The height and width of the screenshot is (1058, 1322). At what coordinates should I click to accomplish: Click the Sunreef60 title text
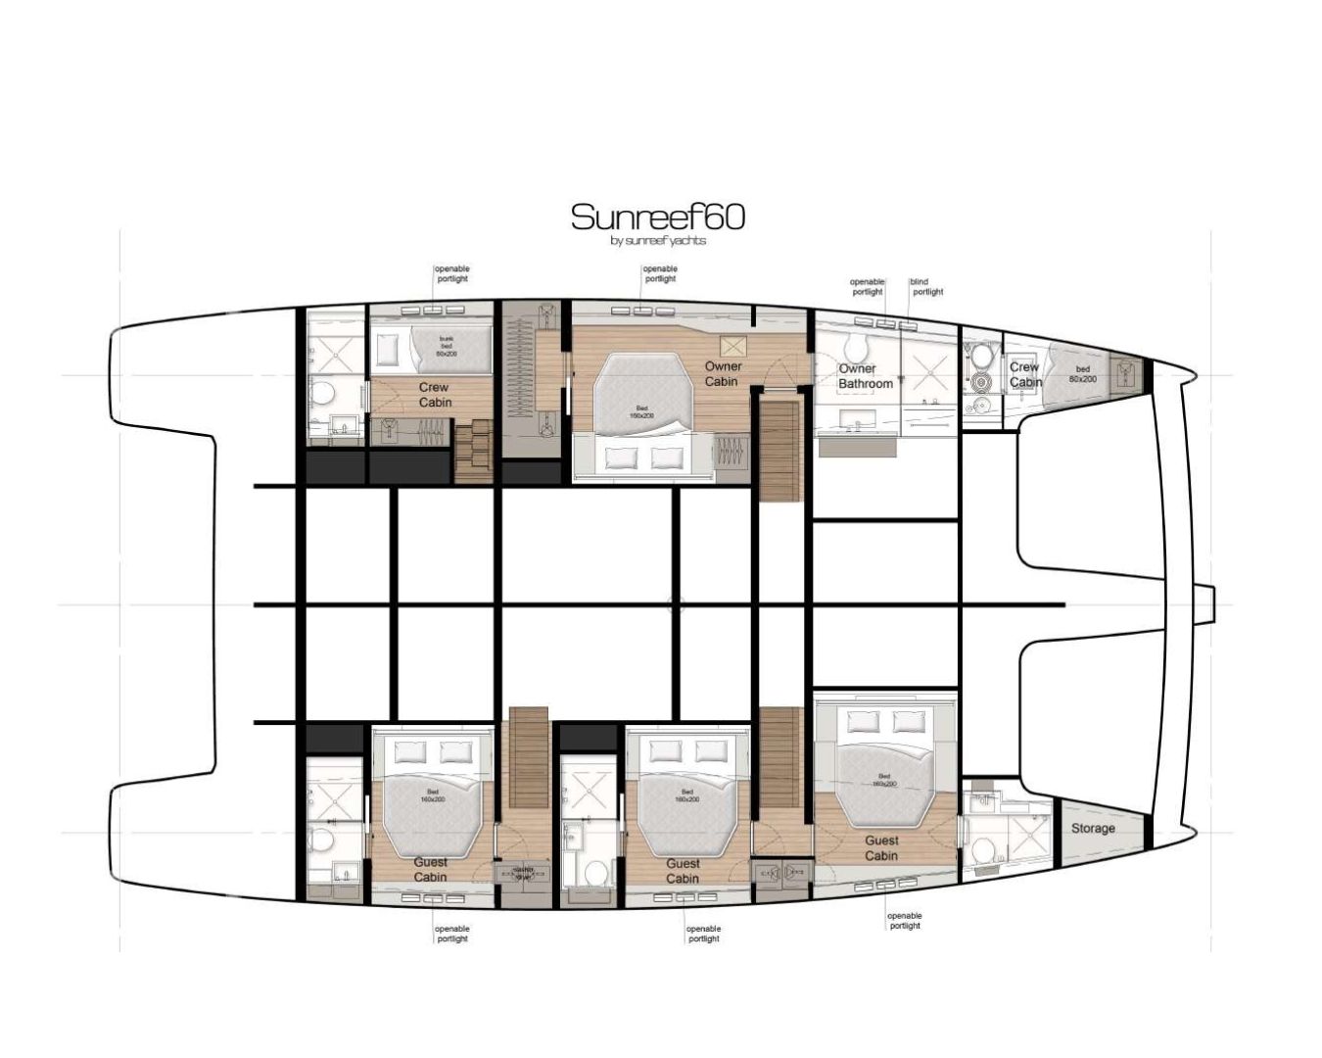(x=657, y=216)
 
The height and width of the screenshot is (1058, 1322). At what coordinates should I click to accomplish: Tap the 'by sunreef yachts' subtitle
(x=657, y=241)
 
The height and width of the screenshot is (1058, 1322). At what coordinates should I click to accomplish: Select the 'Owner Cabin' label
(x=723, y=373)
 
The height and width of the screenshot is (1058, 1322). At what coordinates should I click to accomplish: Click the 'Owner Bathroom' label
(x=866, y=377)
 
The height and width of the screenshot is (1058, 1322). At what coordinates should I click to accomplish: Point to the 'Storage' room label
(x=1093, y=828)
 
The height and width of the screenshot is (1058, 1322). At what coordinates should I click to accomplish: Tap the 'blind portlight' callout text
(x=926, y=287)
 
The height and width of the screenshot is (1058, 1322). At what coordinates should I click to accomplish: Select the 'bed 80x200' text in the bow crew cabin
(x=1082, y=374)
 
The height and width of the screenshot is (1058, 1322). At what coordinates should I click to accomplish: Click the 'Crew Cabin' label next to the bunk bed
(x=435, y=395)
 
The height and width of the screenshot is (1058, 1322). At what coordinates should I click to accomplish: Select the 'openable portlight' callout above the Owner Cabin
(x=660, y=273)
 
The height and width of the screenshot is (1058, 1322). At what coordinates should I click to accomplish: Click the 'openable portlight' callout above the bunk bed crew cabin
(x=452, y=273)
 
